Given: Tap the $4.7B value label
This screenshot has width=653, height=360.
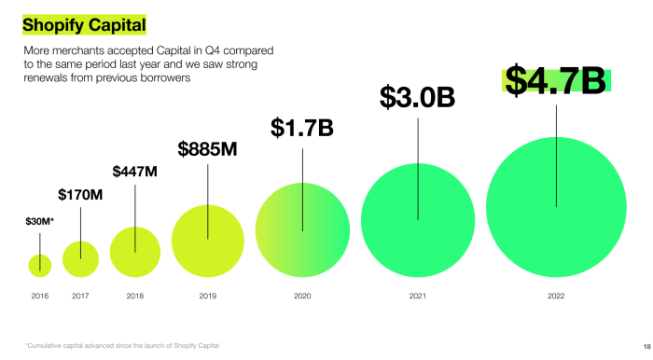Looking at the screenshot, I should pyautogui.click(x=556, y=80).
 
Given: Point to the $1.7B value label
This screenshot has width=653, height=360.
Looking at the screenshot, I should pyautogui.click(x=302, y=128).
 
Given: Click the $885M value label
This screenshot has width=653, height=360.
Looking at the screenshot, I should pyautogui.click(x=207, y=149).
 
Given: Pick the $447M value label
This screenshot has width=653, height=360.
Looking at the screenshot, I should pyautogui.click(x=135, y=172).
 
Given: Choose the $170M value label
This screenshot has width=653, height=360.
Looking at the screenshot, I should pyautogui.click(x=80, y=195).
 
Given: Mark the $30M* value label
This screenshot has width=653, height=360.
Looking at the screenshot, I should pyautogui.click(x=39, y=221).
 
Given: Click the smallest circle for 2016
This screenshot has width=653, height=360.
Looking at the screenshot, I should pyautogui.click(x=40, y=265).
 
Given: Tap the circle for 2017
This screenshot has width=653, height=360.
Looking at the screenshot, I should pyautogui.click(x=80, y=257).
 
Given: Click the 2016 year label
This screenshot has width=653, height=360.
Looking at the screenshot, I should pyautogui.click(x=39, y=296).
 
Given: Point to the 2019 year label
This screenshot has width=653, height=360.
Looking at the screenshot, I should pyautogui.click(x=207, y=296).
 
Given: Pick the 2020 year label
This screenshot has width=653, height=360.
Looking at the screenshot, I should pyautogui.click(x=302, y=296).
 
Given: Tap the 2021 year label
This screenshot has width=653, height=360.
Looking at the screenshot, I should pyautogui.click(x=417, y=296).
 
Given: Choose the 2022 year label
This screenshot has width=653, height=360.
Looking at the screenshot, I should pyautogui.click(x=556, y=296).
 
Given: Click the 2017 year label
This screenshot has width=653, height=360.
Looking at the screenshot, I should pyautogui.click(x=80, y=296).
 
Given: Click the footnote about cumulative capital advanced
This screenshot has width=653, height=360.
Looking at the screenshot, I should pyautogui.click(x=122, y=346).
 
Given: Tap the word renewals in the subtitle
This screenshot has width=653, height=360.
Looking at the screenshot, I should pyautogui.click(x=46, y=78).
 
